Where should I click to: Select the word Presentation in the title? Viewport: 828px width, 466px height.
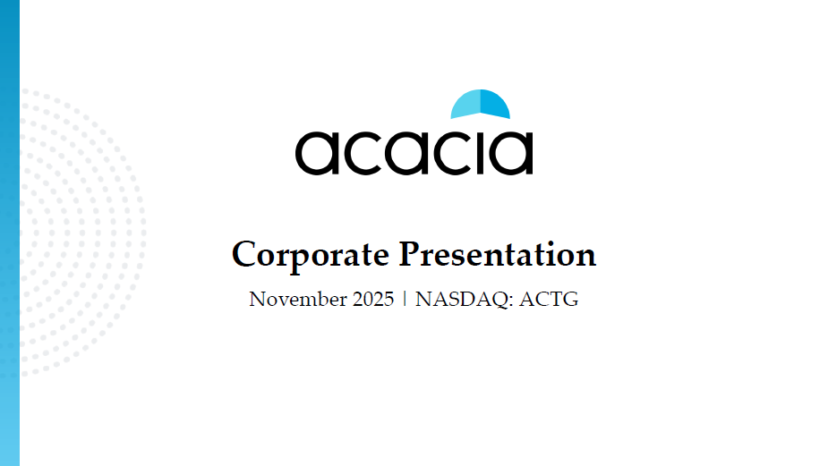pos(497,255)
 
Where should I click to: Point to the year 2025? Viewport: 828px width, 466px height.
pos(370,300)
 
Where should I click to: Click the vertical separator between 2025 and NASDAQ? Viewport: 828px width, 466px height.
pos(405,300)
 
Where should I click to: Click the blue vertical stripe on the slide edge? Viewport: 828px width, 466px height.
pos(9,233)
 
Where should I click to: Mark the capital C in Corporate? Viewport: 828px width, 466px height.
pos(243,255)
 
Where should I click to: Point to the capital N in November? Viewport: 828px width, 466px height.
pos(256,300)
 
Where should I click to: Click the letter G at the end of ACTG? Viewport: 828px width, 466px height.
pos(571,300)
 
